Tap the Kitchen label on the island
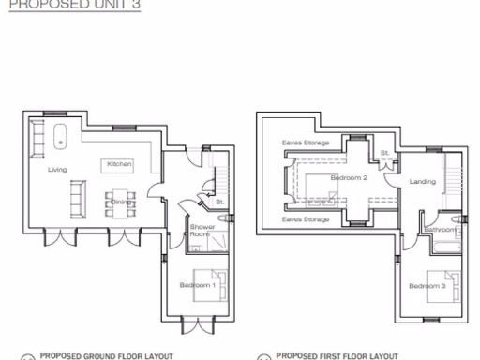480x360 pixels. (119, 164)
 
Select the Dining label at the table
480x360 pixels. (121, 202)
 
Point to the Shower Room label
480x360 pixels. (202, 231)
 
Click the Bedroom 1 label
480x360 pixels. (200, 285)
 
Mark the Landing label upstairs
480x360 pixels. (423, 181)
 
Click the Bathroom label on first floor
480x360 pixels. (439, 230)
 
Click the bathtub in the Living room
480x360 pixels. (60, 133)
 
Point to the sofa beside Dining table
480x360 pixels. (78, 197)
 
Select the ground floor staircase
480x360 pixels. (221, 176)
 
